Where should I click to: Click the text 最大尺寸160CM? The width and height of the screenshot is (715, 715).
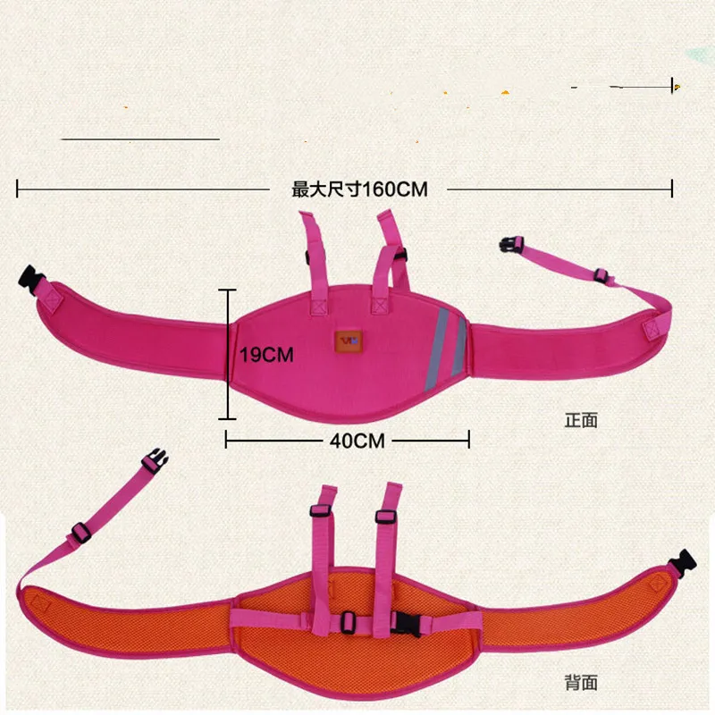tap(359, 189)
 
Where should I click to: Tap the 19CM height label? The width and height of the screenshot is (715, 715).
tap(266, 355)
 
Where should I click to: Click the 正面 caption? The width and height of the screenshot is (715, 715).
tap(580, 419)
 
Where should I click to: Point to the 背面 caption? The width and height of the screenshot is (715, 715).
tap(580, 684)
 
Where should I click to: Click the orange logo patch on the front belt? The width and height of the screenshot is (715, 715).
tap(347, 341)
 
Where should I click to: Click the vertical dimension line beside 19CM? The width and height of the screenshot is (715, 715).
tap(229, 354)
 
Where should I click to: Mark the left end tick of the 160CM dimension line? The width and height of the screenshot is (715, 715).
tap(18, 189)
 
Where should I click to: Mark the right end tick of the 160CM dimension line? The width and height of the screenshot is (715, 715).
tap(672, 189)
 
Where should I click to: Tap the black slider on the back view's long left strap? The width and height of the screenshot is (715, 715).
tap(81, 532)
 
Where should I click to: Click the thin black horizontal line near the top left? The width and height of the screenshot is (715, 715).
tap(139, 139)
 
